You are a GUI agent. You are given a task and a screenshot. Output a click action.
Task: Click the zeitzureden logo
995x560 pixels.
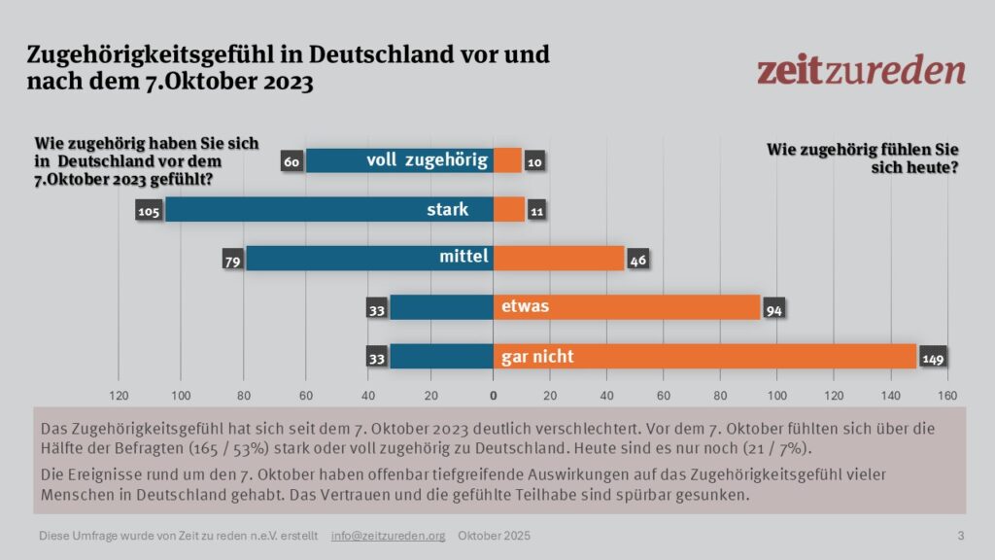[x=861, y=71]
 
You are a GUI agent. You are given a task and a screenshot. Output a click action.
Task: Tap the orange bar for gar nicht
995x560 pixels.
[x=704, y=357]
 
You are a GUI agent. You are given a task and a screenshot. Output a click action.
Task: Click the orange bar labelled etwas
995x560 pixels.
[x=627, y=307]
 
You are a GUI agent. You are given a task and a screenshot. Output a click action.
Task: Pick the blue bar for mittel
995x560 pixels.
[x=369, y=259]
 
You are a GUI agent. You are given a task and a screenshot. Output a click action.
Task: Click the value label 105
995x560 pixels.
[x=149, y=210]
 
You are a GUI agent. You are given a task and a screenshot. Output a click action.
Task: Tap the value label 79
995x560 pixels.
[x=233, y=260]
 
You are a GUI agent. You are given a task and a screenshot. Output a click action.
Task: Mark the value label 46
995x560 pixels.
[x=638, y=260]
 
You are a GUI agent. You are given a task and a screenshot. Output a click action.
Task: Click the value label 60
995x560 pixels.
[x=292, y=161]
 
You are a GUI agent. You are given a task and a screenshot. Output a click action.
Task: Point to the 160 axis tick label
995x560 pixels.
[x=947, y=396]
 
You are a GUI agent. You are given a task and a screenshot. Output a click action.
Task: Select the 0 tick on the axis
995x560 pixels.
[x=493, y=396]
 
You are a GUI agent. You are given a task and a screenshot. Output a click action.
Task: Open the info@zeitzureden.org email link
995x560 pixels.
[x=388, y=536]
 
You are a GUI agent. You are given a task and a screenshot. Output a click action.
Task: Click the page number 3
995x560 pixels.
[x=961, y=536]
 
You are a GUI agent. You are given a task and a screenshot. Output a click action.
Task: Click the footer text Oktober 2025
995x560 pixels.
[x=495, y=536]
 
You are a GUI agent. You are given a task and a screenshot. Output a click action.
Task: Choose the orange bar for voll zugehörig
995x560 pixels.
[x=507, y=160]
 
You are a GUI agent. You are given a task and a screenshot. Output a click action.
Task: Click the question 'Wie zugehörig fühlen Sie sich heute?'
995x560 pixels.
[x=863, y=158]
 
